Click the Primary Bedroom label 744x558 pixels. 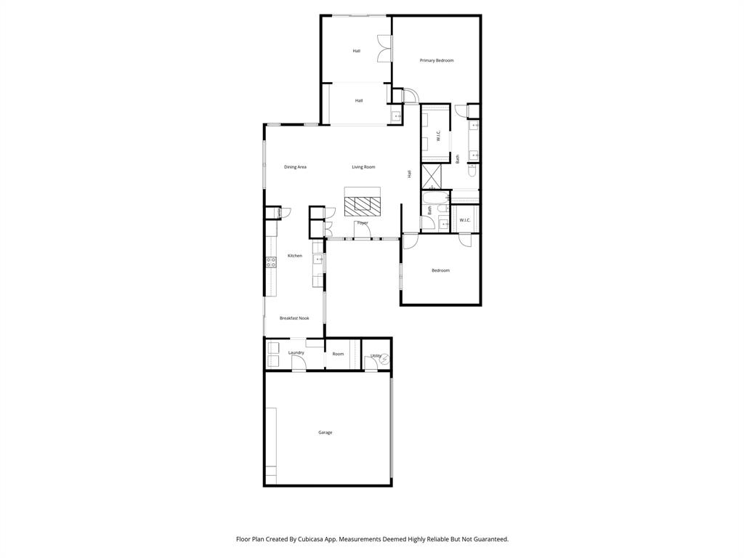(436, 60)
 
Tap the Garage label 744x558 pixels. (325, 432)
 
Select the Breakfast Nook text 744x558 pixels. (294, 318)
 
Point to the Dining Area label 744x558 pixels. (295, 167)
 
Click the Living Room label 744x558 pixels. (363, 167)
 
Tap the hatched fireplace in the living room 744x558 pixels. (362, 206)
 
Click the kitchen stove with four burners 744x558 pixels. (271, 262)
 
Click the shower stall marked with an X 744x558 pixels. (432, 176)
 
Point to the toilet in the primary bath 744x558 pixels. (472, 171)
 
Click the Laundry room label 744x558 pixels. (296, 353)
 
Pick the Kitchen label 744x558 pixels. (294, 256)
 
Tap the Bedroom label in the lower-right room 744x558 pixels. (440, 270)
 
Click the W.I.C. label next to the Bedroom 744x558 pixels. (465, 220)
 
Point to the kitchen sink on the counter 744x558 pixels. (318, 259)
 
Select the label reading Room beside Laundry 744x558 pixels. (338, 354)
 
